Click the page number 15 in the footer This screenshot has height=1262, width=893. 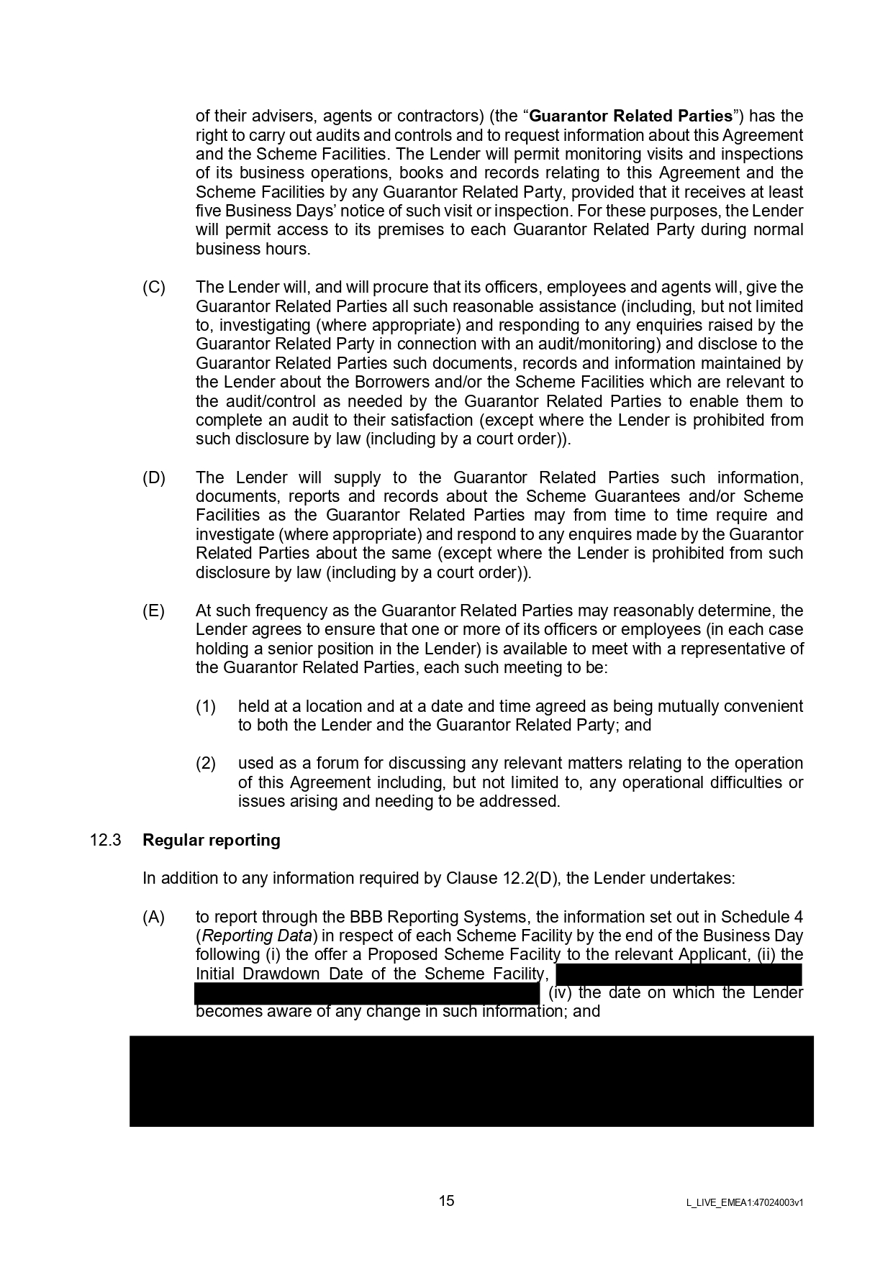click(x=446, y=1200)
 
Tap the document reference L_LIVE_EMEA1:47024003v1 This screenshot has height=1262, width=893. click(x=744, y=1202)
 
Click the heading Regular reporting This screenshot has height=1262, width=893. click(x=212, y=840)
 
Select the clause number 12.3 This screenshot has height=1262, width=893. click(x=105, y=840)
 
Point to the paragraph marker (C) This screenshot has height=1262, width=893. click(x=154, y=288)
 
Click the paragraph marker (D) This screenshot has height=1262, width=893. click(x=154, y=477)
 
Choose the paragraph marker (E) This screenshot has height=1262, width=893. click(x=154, y=611)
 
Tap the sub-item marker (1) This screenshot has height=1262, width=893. click(x=206, y=706)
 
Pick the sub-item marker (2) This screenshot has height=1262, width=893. click(x=206, y=763)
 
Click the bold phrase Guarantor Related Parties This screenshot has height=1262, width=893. click(x=630, y=116)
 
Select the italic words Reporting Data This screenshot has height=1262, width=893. click(x=257, y=936)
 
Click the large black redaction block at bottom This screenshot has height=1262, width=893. click(x=471, y=1081)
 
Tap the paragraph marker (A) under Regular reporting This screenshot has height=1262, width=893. click(x=154, y=917)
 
